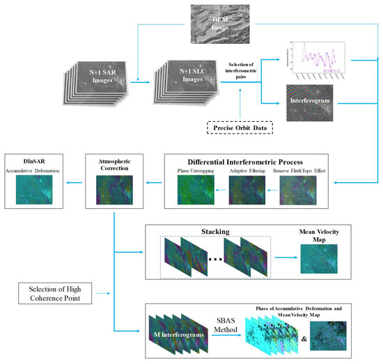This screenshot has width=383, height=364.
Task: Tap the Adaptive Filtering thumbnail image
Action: pos(247,191)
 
